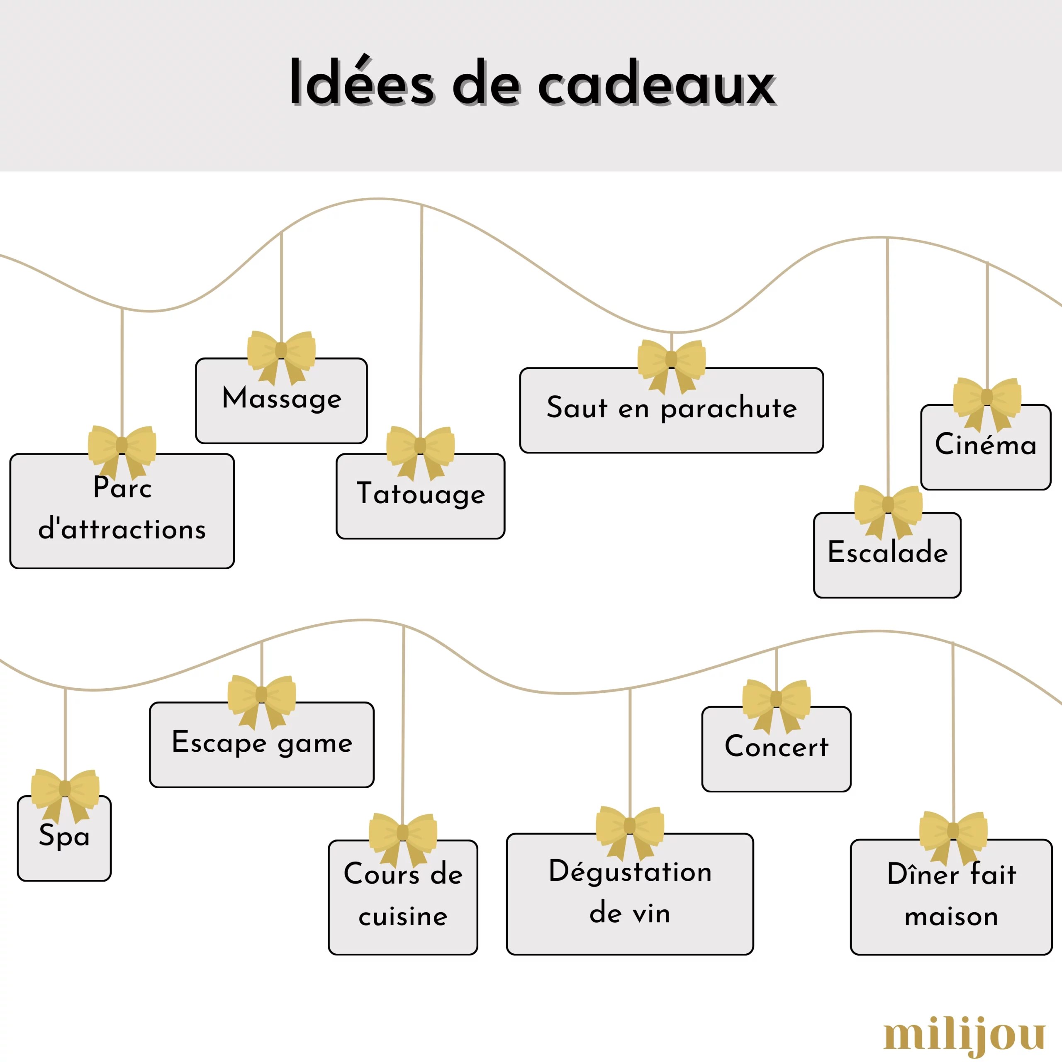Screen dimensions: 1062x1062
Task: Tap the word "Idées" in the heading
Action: [362, 83]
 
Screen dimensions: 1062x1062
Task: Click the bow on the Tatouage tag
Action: [421, 448]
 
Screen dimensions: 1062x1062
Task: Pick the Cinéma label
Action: [986, 444]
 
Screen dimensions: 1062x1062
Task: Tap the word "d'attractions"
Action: [122, 529]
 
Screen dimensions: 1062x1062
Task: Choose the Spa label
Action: [64, 836]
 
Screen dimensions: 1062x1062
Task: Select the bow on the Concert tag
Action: [776, 701]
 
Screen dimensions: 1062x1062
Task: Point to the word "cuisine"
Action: [403, 916]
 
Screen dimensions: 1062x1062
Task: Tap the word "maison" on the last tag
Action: [951, 916]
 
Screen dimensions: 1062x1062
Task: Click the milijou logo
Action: [964, 1035]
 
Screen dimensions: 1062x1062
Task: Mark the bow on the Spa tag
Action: [65, 790]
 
